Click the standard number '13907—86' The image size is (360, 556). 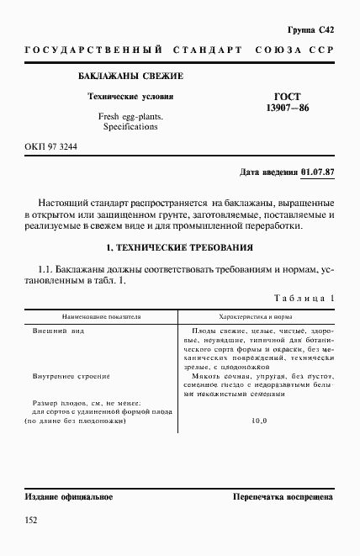pos(287,109)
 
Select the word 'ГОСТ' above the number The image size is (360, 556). pos(288,97)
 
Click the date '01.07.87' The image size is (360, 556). pos(317,172)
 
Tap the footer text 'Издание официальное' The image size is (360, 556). pos(69,497)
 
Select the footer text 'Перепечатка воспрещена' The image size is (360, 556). pos(283,497)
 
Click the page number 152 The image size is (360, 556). pos(32,522)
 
